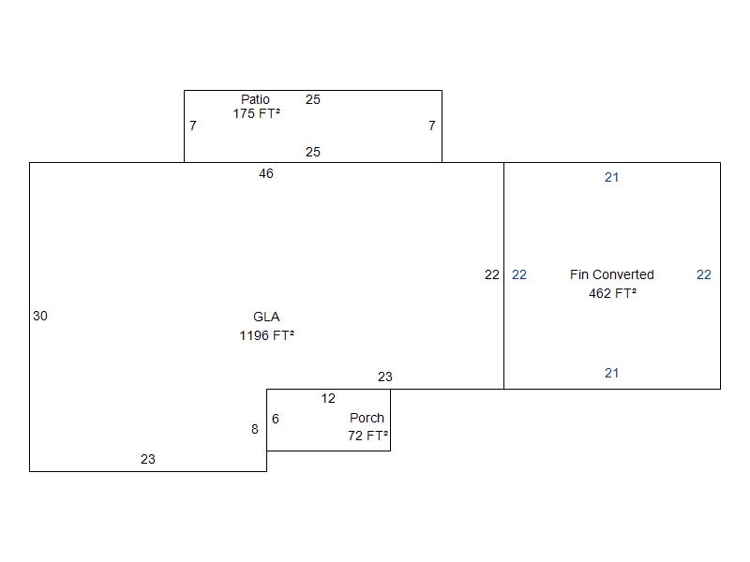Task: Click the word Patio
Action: click(x=255, y=99)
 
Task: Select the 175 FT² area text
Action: click(x=256, y=113)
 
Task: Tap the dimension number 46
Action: click(x=266, y=173)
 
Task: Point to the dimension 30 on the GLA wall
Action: click(x=40, y=316)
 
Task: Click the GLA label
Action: click(x=266, y=317)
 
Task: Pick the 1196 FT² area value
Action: click(x=266, y=335)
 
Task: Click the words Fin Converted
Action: click(x=612, y=274)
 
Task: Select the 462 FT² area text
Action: click(x=613, y=293)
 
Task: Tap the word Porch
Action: click(x=367, y=418)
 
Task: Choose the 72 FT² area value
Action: click(x=367, y=436)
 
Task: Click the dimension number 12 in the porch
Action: click(x=328, y=399)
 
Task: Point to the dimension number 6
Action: click(x=276, y=419)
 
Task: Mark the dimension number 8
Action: click(x=255, y=429)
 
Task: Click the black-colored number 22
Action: click(x=491, y=274)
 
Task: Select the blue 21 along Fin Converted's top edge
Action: click(x=612, y=177)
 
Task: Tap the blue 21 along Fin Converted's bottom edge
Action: click(x=612, y=373)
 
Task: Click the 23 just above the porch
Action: click(x=385, y=377)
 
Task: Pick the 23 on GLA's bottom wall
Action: click(x=148, y=459)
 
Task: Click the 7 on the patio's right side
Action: click(x=432, y=126)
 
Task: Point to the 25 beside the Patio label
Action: click(x=313, y=99)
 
